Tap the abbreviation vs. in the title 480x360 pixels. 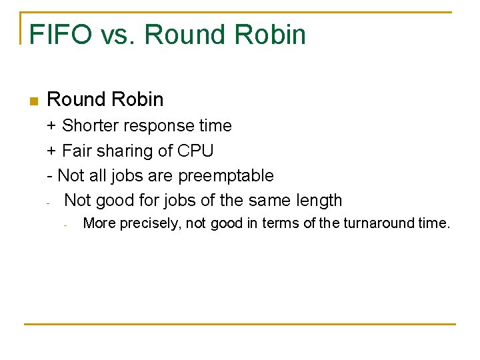point(118,35)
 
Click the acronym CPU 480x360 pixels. point(195,151)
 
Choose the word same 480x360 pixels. point(270,201)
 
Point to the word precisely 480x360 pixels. point(150,223)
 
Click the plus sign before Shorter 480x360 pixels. point(51,126)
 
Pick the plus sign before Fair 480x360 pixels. point(51,151)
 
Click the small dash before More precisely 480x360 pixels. point(65,225)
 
